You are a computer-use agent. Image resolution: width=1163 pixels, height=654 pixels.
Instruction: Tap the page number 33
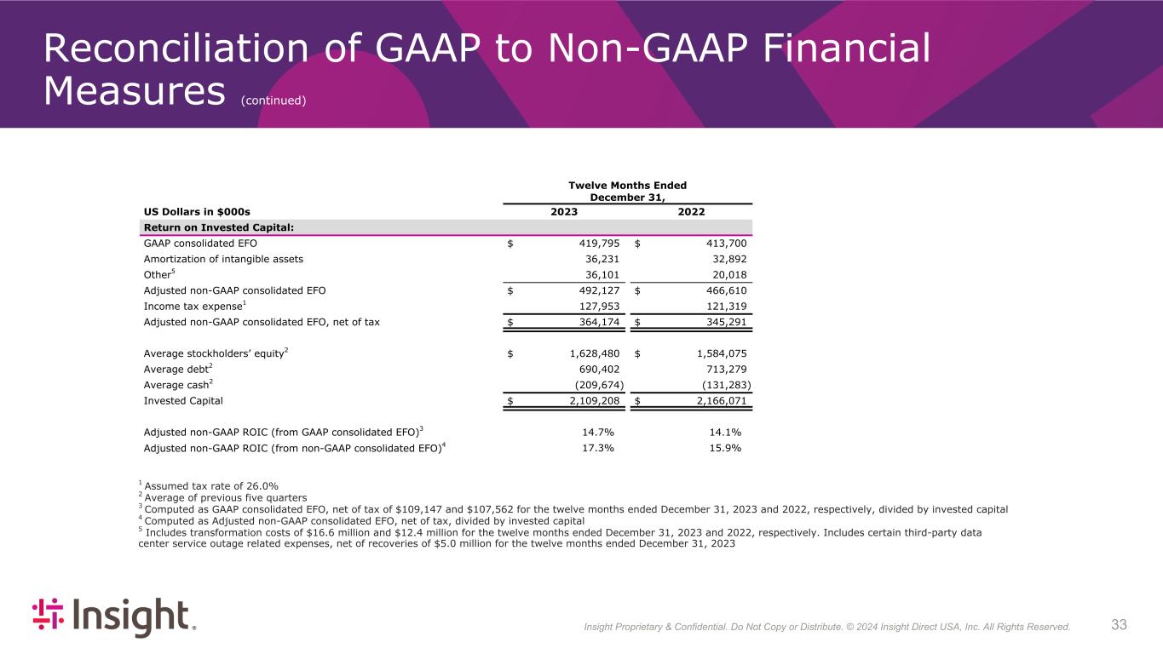point(1119,625)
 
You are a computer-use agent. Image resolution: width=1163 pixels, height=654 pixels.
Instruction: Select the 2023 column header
point(564,212)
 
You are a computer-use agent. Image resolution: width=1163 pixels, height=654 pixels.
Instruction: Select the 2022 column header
point(691,212)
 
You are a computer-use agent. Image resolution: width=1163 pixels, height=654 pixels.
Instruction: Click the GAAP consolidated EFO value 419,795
point(601,244)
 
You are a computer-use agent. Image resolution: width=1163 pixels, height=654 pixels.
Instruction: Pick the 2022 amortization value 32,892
point(728,259)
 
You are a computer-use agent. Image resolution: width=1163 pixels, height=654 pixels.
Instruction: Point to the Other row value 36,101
point(601,274)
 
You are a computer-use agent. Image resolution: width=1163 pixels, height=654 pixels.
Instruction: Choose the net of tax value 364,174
point(601,322)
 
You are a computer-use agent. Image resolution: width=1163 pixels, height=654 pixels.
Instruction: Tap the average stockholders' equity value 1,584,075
point(717,353)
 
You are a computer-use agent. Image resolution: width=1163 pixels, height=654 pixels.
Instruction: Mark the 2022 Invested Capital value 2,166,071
point(717,400)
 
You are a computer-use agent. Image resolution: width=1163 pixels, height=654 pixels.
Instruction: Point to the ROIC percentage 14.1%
point(725,432)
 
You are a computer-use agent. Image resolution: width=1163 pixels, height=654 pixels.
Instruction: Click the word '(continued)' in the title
point(273,100)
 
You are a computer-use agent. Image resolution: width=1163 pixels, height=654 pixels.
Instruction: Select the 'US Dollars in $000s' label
point(197,212)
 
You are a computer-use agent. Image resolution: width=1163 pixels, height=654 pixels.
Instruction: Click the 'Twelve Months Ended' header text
point(628,185)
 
